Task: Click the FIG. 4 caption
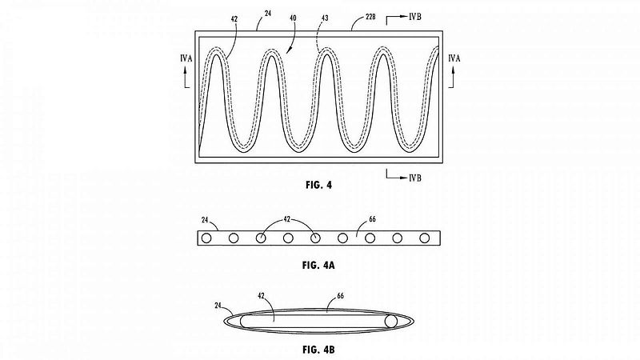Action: [318, 185]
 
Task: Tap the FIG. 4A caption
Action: [318, 266]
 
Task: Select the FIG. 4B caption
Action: [318, 350]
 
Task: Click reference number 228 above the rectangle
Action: [370, 17]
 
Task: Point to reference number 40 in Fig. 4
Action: [293, 18]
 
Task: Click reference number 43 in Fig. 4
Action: [325, 18]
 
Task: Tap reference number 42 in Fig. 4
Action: [234, 18]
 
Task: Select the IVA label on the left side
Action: [186, 58]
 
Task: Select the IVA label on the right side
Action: [454, 58]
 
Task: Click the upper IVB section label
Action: [415, 17]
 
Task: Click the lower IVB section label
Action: [415, 178]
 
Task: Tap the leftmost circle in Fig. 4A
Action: [206, 238]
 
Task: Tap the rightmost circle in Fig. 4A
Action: [425, 238]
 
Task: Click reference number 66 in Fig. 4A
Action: [372, 219]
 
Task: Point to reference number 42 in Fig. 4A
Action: [287, 219]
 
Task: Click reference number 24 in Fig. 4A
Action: [205, 220]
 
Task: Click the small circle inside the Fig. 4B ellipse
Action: [391, 322]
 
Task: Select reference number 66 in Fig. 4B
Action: [341, 296]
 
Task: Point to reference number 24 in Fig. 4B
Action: [218, 305]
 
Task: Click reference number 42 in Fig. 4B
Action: [262, 295]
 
